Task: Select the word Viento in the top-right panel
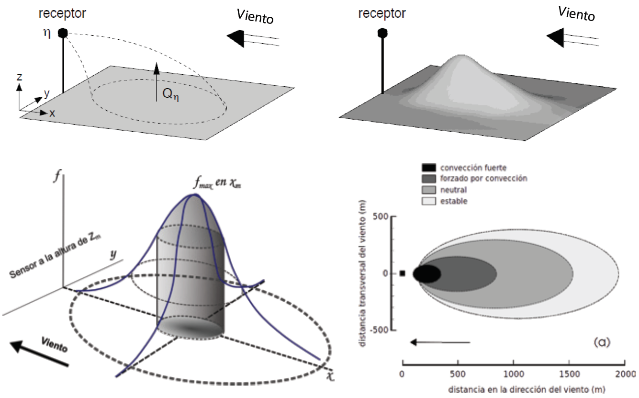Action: point(577,14)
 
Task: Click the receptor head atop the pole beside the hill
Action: point(382,33)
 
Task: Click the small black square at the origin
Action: point(403,273)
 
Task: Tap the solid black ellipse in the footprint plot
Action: point(426,274)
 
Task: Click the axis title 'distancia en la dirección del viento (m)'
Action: point(513,390)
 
